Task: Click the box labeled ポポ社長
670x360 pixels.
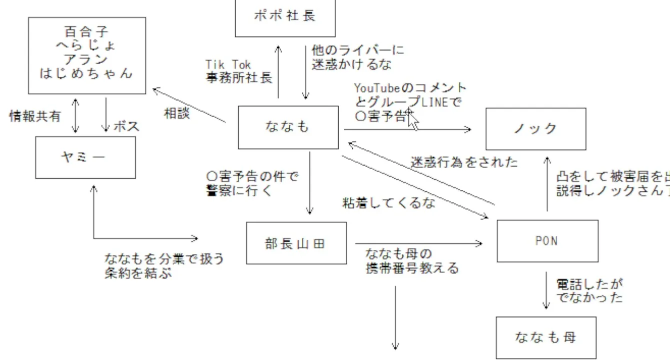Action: click(285, 16)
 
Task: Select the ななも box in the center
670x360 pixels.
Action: click(288, 127)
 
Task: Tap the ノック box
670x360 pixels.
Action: click(535, 128)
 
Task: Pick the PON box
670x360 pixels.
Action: click(547, 240)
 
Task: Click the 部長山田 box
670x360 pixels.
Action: click(296, 243)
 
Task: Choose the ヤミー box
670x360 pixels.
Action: click(85, 157)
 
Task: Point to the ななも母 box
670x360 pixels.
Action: click(546, 337)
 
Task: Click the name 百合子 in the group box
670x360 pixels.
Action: click(87, 33)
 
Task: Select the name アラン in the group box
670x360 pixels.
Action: click(87, 59)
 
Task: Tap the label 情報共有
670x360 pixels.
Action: click(35, 116)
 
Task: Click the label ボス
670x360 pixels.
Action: click(127, 126)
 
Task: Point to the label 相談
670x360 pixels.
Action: click(177, 113)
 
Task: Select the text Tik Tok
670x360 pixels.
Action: click(228, 65)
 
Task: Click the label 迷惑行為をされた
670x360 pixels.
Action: click(464, 162)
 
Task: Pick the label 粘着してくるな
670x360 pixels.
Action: click(388, 203)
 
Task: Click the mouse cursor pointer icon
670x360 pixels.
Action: click(413, 120)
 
